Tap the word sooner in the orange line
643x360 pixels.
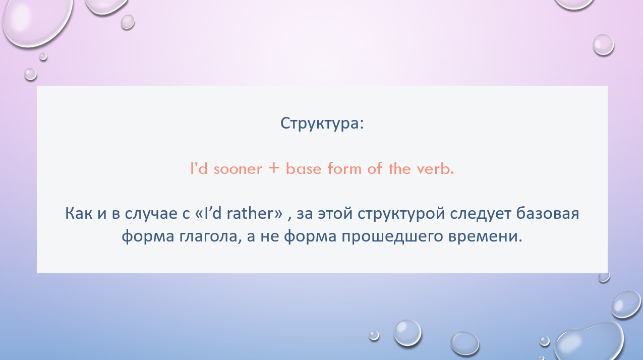[x=238, y=169]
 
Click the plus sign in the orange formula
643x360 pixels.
[x=274, y=168]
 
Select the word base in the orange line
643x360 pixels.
[x=304, y=168]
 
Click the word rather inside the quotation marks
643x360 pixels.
[x=251, y=213]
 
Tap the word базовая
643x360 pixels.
[x=548, y=213]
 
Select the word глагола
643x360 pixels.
[x=208, y=236]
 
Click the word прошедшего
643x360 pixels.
[x=392, y=237]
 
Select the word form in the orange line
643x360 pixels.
[x=344, y=168]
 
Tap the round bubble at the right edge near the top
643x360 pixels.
[x=603, y=45]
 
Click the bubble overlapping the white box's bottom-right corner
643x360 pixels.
[x=604, y=277]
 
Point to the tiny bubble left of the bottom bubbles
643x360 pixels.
[x=374, y=335]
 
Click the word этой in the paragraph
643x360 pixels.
[x=335, y=213]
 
